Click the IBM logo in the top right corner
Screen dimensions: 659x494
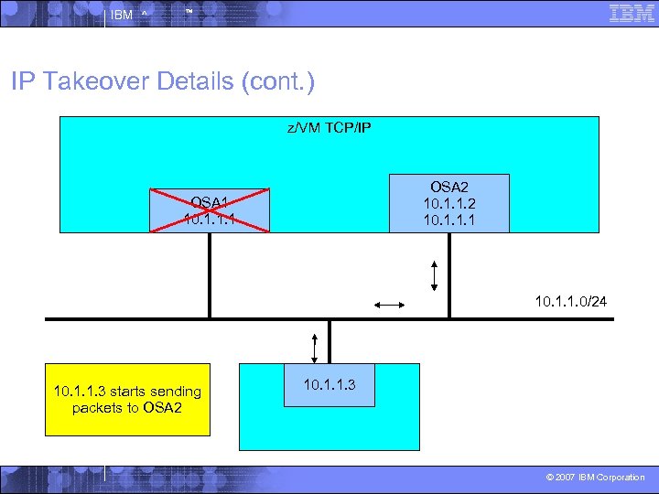tap(631, 13)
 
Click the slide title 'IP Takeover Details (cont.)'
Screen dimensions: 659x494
tap(163, 82)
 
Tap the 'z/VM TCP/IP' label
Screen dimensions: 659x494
tap(329, 128)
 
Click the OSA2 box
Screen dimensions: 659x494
tap(449, 202)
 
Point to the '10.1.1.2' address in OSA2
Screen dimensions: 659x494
tap(449, 203)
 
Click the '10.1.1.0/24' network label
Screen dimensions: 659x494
tap(577, 299)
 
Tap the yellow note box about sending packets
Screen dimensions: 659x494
tap(127, 400)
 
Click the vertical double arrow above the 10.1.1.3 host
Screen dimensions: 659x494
tap(315, 347)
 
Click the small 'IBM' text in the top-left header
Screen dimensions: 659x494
tap(121, 15)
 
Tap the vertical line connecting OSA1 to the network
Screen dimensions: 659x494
tap(210, 274)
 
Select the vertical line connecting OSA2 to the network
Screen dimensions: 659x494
tap(449, 274)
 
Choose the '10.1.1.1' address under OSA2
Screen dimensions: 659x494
tap(449, 219)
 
